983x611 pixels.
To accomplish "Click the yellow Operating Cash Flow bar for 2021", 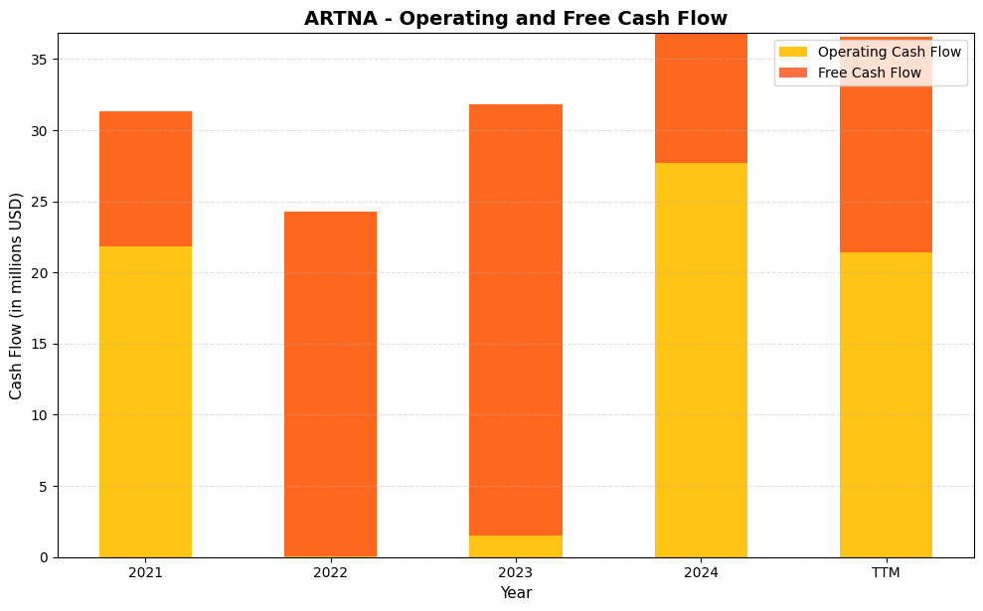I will click(145, 401).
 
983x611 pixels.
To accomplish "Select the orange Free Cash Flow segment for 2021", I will click(145, 179).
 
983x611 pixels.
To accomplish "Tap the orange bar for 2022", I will click(330, 383).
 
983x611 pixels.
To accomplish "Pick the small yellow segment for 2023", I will click(515, 546).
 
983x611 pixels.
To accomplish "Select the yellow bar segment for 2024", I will click(701, 360).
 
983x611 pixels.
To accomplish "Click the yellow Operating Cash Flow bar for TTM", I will click(886, 404).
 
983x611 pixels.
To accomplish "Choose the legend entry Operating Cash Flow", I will click(889, 52).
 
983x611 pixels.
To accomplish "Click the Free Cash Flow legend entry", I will click(869, 73).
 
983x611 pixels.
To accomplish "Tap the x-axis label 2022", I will click(330, 572).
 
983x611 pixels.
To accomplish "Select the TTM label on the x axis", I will click(886, 572).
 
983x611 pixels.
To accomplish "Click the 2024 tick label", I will click(701, 572).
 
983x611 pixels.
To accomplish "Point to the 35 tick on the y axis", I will click(41, 60).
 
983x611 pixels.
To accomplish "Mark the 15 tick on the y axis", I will click(41, 344).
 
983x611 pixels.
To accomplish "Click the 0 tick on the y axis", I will click(45, 557).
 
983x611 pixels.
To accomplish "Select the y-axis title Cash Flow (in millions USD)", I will click(16, 296).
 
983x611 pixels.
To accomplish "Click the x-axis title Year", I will click(516, 593).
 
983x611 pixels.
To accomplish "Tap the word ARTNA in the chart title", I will click(338, 18).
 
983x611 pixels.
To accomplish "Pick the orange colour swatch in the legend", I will click(793, 73).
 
